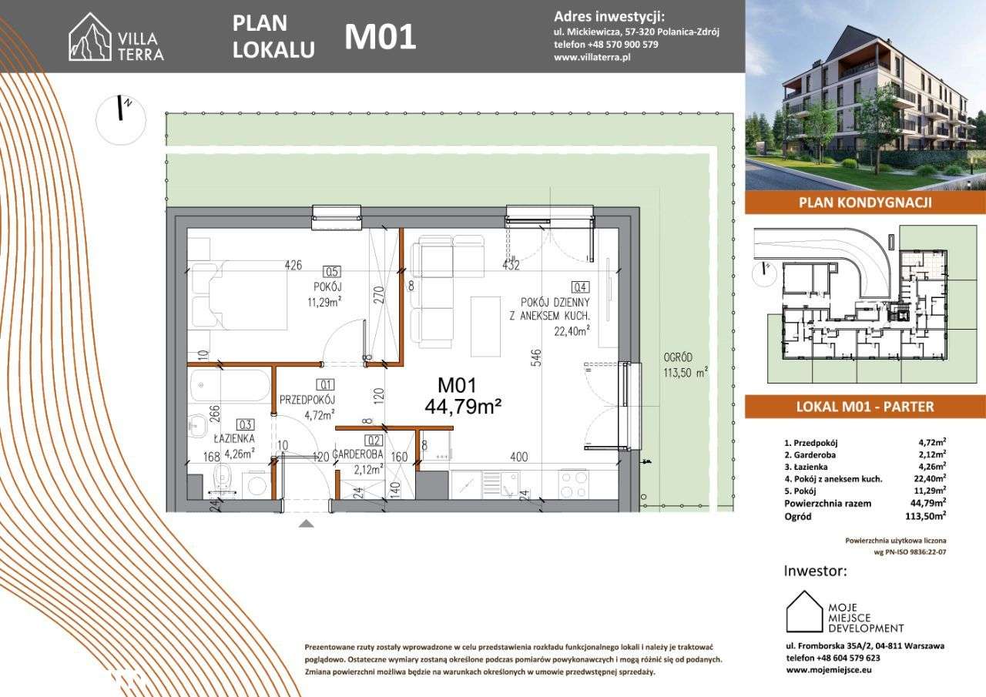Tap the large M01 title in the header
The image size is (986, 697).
point(380,37)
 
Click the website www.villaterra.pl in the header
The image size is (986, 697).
point(592,59)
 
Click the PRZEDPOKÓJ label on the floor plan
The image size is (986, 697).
point(307,399)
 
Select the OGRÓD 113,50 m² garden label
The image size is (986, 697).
point(685,364)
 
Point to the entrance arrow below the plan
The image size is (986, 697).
point(306,524)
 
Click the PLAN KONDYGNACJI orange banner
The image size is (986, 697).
point(865,203)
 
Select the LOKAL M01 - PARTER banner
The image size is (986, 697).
point(865,407)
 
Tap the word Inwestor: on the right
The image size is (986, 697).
point(815,571)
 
